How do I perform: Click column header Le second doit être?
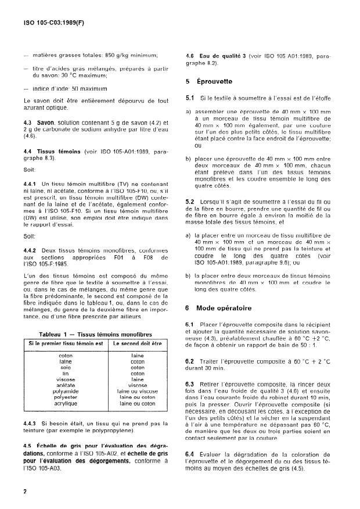coord(138,345)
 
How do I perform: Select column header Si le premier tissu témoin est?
coord(66,345)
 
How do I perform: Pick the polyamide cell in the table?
coord(66,391)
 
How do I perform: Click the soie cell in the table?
coord(66,367)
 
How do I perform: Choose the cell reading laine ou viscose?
coord(138,391)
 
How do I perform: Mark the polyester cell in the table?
coord(66,397)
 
